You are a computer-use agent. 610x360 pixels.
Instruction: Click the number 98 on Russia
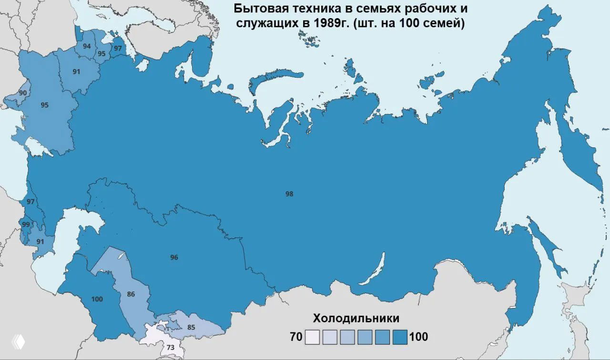(289, 194)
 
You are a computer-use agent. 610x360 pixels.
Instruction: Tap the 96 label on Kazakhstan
(174, 257)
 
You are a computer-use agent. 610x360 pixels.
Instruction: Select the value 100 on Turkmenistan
(97, 299)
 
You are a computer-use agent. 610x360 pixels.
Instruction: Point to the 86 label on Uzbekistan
(131, 294)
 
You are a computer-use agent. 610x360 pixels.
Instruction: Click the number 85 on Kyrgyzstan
(191, 328)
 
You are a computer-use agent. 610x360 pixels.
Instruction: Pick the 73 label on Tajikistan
(170, 348)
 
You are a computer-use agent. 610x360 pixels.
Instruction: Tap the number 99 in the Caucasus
(26, 225)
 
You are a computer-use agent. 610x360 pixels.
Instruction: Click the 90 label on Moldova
(22, 93)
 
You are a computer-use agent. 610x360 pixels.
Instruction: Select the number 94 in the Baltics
(87, 46)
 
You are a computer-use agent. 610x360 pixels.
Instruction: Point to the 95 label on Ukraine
(44, 105)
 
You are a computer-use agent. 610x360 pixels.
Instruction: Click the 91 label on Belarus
(76, 72)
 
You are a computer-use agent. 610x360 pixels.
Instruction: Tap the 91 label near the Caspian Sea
(40, 242)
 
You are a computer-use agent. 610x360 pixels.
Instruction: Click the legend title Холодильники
(356, 319)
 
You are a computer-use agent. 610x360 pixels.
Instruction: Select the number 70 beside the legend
(296, 337)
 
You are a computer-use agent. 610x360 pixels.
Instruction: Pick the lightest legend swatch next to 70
(312, 337)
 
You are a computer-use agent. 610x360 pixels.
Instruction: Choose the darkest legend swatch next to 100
(400, 337)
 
